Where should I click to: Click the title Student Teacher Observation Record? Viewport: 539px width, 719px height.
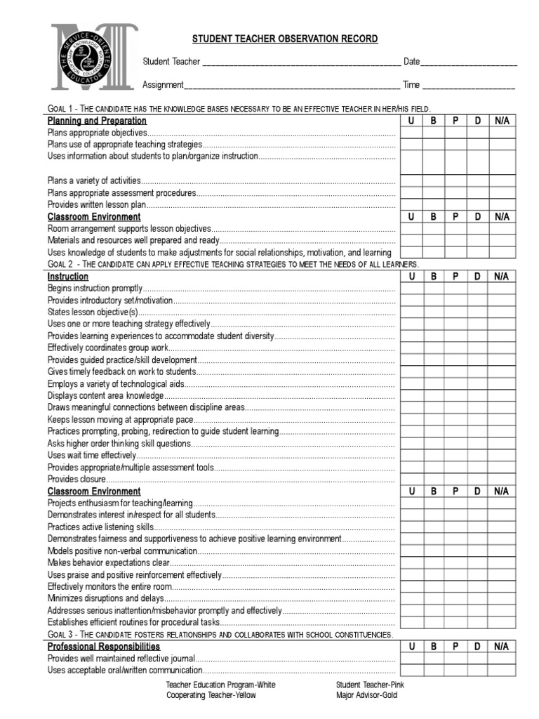click(285, 39)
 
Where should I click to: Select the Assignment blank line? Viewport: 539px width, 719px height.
click(291, 86)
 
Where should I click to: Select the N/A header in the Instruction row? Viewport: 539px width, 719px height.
click(501, 277)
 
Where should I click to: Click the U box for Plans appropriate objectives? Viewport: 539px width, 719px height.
click(412, 133)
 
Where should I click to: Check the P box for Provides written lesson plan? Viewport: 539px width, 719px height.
click(455, 204)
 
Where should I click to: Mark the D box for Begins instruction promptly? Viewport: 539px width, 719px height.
click(478, 289)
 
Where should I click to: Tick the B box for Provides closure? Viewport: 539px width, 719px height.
click(434, 479)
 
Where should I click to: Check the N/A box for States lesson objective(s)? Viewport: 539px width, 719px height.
click(501, 312)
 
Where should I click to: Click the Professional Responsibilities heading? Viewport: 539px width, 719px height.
click(104, 646)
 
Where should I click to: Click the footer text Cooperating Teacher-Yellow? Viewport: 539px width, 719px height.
click(211, 695)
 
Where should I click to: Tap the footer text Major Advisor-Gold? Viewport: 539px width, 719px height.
click(366, 695)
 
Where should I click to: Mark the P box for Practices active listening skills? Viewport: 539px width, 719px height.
click(455, 527)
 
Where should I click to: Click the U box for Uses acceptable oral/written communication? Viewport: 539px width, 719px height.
click(412, 670)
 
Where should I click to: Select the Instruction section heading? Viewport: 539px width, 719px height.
click(67, 277)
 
